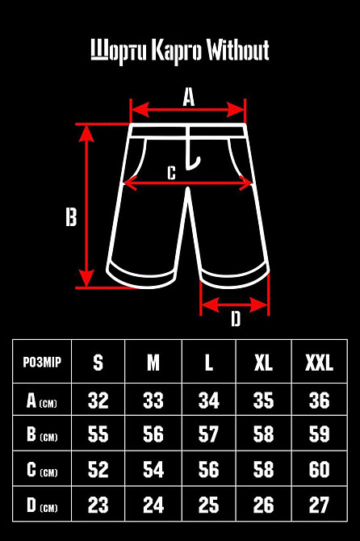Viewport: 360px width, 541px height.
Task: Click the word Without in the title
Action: [238, 50]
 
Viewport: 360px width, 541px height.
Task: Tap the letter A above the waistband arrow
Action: [189, 97]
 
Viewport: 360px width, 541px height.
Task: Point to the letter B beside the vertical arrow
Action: [71, 217]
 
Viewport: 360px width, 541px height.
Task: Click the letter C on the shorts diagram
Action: [171, 173]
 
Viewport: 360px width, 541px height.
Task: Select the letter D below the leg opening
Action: [236, 318]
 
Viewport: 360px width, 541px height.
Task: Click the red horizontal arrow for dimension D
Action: [234, 305]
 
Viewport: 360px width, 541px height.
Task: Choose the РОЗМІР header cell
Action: [42, 362]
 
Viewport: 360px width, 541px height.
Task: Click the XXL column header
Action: [319, 363]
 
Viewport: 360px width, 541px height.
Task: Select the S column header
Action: [98, 363]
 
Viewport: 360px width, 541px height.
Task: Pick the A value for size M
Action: [153, 401]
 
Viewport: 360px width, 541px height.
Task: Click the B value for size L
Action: [208, 434]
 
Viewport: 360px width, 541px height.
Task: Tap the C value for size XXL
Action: [319, 469]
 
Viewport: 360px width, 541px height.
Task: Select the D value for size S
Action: [98, 505]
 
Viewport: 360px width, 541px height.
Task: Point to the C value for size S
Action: [98, 469]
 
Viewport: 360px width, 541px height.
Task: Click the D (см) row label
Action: [42, 505]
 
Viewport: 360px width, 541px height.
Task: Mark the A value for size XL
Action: [263, 401]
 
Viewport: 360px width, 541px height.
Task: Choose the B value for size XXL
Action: [319, 434]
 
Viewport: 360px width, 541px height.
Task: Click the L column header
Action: [208, 363]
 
